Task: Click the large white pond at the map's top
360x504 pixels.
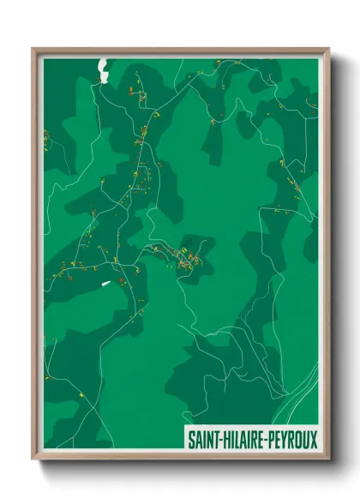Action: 104,69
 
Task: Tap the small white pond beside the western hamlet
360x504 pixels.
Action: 106,284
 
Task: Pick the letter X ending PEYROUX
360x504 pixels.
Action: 313,439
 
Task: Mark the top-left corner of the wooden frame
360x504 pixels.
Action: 33,49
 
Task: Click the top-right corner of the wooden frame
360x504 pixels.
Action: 329,49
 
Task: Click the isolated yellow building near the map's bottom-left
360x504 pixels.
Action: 81,393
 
